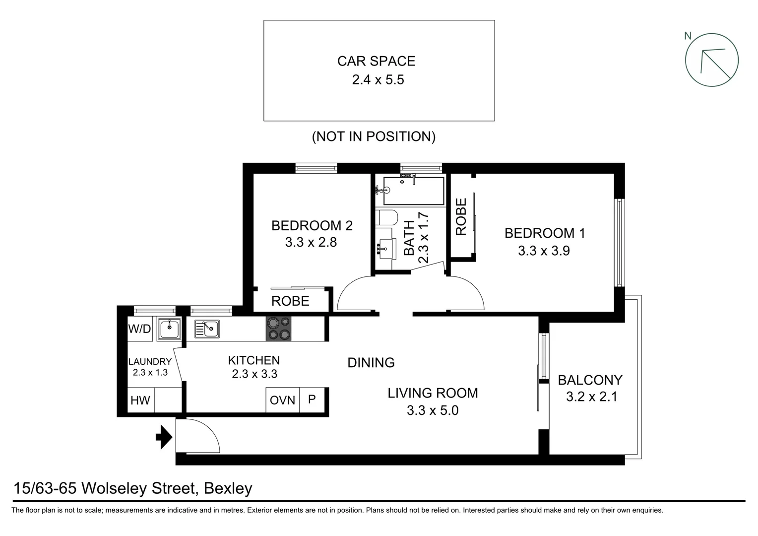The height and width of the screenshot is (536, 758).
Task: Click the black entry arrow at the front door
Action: click(x=164, y=438)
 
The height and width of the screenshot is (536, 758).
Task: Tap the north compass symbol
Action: click(x=711, y=60)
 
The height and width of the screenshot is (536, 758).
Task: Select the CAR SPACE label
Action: click(x=376, y=61)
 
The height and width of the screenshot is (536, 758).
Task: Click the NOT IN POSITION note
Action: click(x=374, y=136)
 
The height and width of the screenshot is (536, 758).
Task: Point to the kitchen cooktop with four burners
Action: click(x=278, y=329)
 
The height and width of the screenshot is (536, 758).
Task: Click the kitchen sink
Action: click(x=207, y=329)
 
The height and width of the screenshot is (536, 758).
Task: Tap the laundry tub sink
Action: click(x=169, y=329)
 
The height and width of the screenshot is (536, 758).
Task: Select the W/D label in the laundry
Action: click(x=139, y=329)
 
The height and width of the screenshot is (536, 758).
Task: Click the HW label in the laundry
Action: click(x=140, y=400)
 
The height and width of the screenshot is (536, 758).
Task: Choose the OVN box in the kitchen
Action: click(x=282, y=400)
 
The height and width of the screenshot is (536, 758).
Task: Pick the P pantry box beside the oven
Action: click(x=312, y=399)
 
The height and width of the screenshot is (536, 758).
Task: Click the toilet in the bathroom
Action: click(x=385, y=218)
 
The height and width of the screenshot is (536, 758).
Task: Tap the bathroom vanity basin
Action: click(x=383, y=247)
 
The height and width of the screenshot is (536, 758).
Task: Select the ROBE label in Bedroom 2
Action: click(x=290, y=301)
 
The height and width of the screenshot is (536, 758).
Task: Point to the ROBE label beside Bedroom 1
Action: click(x=461, y=217)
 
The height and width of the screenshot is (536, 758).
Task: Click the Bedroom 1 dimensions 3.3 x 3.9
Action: click(x=544, y=251)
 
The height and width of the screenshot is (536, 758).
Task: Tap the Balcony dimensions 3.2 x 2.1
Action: click(x=591, y=397)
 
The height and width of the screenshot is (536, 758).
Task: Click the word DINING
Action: click(x=371, y=363)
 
